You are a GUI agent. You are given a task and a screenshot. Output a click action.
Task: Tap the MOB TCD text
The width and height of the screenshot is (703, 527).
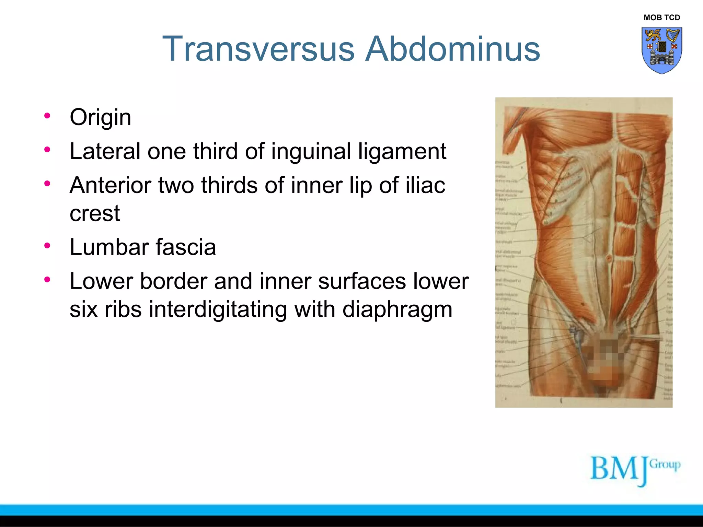click(661, 17)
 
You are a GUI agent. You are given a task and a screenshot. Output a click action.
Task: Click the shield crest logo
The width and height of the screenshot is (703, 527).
click(661, 50)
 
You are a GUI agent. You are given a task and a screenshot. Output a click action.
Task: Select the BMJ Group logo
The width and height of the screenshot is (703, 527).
click(635, 470)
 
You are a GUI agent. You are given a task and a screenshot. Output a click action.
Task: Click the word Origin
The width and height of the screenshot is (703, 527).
click(100, 117)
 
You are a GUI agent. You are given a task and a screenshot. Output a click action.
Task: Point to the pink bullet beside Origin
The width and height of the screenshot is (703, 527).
click(47, 116)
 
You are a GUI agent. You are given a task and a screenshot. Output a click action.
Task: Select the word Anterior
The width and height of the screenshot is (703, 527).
click(110, 185)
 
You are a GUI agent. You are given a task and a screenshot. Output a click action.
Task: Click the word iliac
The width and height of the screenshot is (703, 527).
click(425, 185)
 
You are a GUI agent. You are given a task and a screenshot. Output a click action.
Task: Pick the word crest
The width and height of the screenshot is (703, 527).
click(95, 213)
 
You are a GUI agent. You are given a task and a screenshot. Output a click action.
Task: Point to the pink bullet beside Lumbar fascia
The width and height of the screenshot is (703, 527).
click(47, 246)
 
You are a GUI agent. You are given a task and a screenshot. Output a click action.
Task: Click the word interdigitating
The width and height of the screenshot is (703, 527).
click(218, 309)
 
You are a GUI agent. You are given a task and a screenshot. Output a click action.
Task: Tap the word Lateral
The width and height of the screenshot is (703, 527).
click(105, 151)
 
